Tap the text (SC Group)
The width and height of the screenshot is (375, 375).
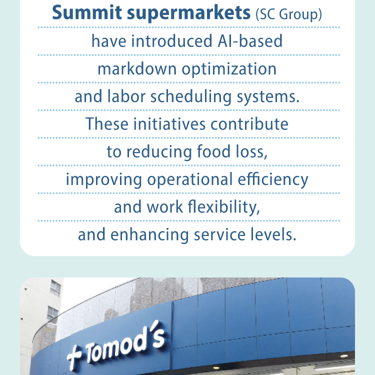point(288,15)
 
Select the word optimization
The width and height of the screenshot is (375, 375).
point(229,69)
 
